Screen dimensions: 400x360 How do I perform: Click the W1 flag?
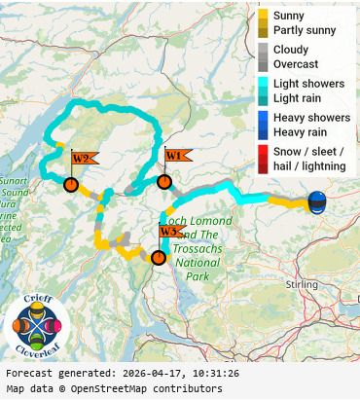coord(176,155)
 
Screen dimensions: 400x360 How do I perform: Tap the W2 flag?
coord(83,158)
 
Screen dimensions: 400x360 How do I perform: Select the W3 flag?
coord(171,232)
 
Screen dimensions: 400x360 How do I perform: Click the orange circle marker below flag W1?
coord(164,181)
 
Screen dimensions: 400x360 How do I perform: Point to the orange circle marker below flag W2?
coord(70,184)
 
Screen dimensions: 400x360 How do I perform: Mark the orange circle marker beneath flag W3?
coord(158,257)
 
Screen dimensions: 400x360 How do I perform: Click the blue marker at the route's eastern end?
coord(317,201)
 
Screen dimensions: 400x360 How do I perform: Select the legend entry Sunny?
coord(288,16)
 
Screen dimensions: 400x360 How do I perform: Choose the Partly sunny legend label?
coord(305,31)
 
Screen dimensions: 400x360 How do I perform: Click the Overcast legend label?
coord(296,64)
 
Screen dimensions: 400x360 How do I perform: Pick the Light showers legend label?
coord(308,84)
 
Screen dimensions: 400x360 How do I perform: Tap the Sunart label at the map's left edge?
coord(14,180)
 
